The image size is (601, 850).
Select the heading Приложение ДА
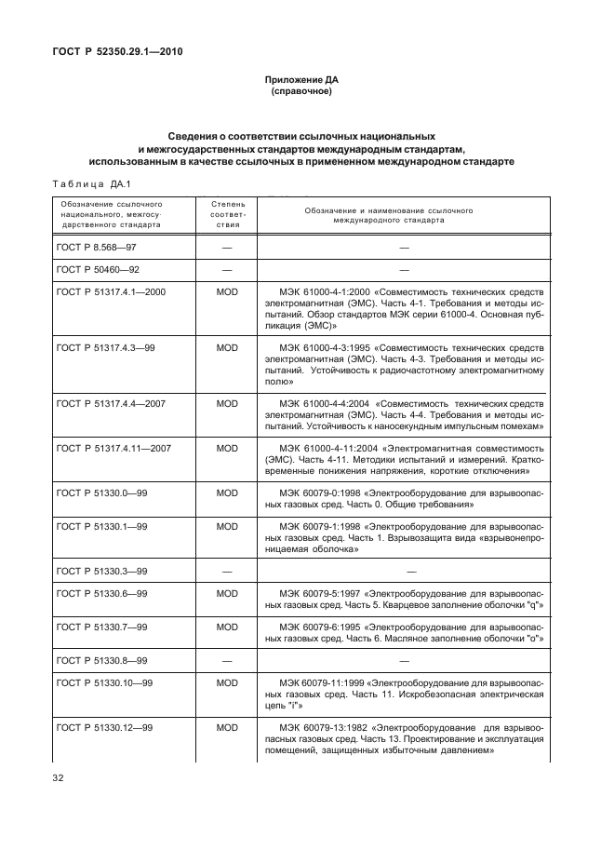pyautogui.click(x=300, y=81)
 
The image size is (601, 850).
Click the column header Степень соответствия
pyautogui.click(x=227, y=213)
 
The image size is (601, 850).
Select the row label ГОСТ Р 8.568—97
pyautogui.click(x=96, y=248)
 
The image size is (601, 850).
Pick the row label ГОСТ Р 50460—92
pyautogui.click(x=96, y=270)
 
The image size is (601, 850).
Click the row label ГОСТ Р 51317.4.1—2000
pyautogui.click(x=111, y=291)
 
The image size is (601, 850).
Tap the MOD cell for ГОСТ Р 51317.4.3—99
pyautogui.click(x=227, y=346)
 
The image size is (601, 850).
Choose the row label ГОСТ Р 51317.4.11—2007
pyautogui.click(x=114, y=448)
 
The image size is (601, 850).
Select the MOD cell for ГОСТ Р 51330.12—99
pyautogui.click(x=227, y=725)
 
